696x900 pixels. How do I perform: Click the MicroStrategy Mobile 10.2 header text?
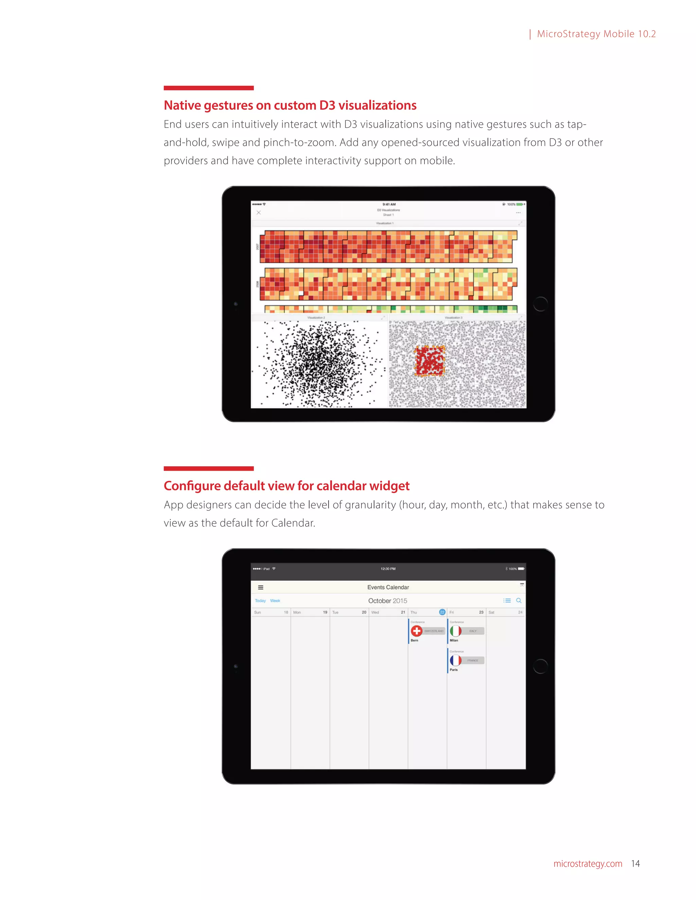point(596,34)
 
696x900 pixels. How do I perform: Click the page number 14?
point(636,863)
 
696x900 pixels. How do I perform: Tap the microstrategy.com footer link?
point(588,863)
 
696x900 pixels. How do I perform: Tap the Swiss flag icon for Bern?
point(416,631)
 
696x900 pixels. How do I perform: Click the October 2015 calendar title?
point(387,600)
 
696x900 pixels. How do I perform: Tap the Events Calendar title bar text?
point(388,587)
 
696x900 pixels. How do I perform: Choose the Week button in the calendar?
point(275,600)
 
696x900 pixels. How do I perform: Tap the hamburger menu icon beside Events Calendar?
point(261,587)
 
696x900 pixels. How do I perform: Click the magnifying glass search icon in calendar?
point(519,600)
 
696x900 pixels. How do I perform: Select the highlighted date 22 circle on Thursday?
point(442,612)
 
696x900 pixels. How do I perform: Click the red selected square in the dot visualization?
point(430,361)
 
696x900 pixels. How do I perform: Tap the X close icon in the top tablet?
point(259,213)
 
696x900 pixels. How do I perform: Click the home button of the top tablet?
point(540,304)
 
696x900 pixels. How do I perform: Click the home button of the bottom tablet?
point(540,666)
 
